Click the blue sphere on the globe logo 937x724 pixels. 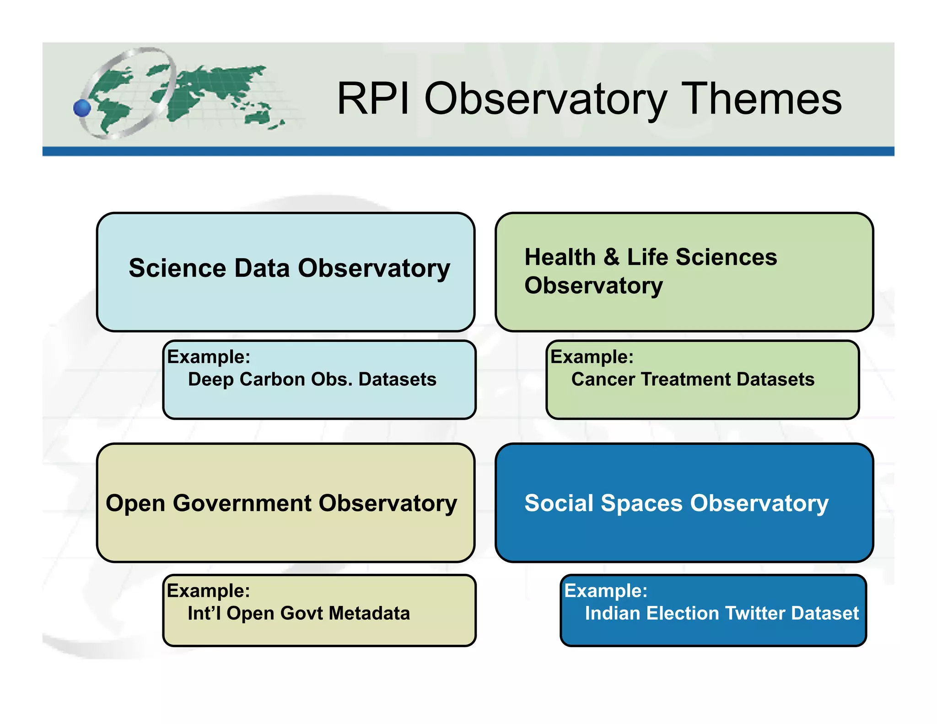(82, 108)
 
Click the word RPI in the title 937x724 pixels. (373, 99)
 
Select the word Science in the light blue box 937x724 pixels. (178, 268)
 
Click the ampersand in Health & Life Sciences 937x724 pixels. (611, 257)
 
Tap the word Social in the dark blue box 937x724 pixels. (558, 503)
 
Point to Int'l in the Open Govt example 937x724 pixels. (204, 613)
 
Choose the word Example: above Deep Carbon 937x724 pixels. (209, 357)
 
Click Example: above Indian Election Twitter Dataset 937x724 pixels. (606, 591)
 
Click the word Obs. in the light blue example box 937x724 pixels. (332, 379)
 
